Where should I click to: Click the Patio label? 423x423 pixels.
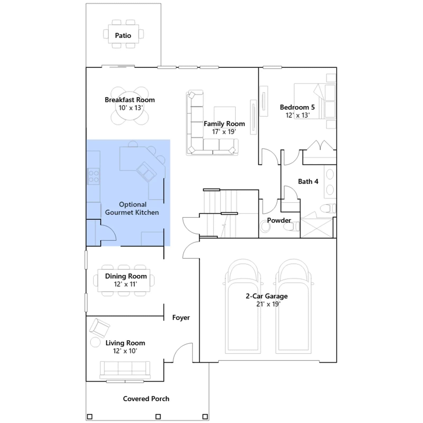(x=123, y=35)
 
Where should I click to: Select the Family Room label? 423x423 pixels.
(x=224, y=124)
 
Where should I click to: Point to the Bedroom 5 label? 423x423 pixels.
(x=297, y=107)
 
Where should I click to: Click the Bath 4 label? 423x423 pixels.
(x=308, y=181)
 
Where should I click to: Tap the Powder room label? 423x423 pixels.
(x=279, y=220)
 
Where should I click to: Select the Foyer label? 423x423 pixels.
(x=181, y=318)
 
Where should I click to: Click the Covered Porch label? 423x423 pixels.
(x=146, y=399)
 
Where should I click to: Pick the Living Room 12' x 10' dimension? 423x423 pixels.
(x=125, y=351)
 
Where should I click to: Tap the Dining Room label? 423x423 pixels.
(x=126, y=276)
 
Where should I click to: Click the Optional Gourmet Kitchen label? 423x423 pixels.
(x=132, y=208)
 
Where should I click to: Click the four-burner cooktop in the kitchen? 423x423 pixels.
(x=94, y=176)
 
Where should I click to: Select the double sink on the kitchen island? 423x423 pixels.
(x=146, y=172)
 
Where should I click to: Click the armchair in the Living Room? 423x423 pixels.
(x=99, y=328)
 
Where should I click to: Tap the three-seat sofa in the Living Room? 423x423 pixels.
(x=125, y=370)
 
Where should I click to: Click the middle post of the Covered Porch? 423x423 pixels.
(x=158, y=417)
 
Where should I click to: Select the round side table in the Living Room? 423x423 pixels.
(x=95, y=342)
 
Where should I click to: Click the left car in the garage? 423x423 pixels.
(x=243, y=306)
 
